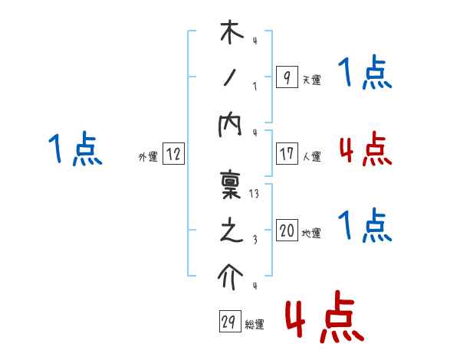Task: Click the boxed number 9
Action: [x=286, y=77]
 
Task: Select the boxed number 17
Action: [x=286, y=154]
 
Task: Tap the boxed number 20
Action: [x=286, y=231]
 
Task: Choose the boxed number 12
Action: [x=173, y=154]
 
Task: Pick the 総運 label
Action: [x=255, y=325]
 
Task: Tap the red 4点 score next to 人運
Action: [x=365, y=149]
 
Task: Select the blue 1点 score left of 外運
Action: [x=74, y=149]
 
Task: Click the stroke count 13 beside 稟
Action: [x=255, y=195]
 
